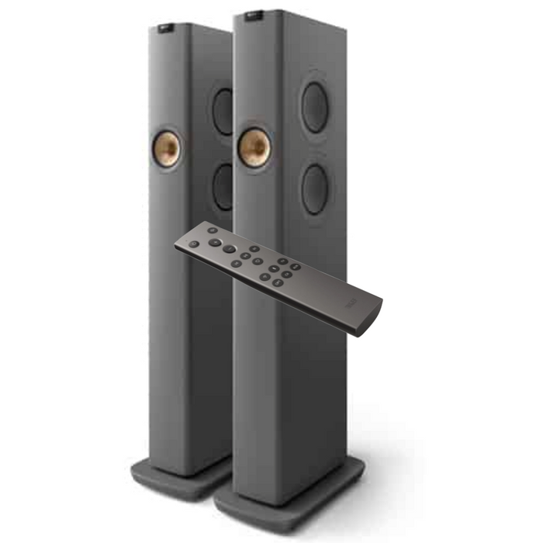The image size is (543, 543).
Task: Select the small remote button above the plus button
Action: pos(213,230)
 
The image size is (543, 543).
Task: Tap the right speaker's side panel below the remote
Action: pos(310,388)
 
